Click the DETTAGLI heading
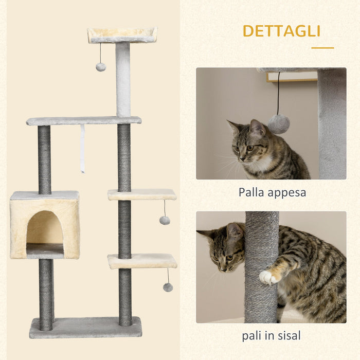(281, 31)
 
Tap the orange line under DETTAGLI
(322, 48)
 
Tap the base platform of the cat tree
(85, 327)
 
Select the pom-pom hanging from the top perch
(101, 67)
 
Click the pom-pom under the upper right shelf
(165, 220)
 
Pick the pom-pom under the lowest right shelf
(168, 287)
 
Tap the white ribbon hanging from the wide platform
(82, 149)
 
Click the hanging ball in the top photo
(278, 124)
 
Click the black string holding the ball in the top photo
(278, 93)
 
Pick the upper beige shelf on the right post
(142, 194)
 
